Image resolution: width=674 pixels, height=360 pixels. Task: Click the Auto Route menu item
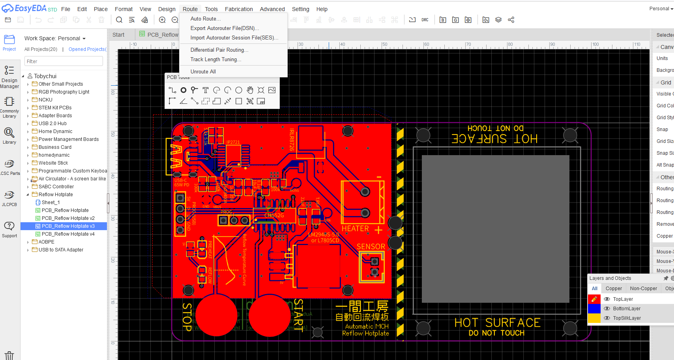tap(205, 19)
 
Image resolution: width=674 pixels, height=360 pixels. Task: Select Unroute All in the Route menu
tap(203, 71)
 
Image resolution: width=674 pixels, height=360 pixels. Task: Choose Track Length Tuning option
tap(215, 59)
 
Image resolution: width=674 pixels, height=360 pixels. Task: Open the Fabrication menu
tap(239, 9)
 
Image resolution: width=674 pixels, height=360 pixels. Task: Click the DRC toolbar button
tap(425, 20)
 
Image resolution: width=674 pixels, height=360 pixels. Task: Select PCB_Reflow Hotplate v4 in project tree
tap(68, 234)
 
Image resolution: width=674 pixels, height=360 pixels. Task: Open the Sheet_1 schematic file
tap(51, 202)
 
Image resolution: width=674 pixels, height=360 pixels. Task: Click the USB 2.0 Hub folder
tap(52, 124)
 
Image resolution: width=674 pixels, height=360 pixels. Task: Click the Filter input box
tap(64, 61)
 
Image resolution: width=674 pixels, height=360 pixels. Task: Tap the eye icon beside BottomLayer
tap(607, 309)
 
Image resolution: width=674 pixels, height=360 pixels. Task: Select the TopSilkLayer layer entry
tap(627, 318)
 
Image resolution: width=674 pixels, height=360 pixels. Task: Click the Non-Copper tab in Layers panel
tap(643, 289)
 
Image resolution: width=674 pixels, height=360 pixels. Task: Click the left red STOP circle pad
tap(217, 315)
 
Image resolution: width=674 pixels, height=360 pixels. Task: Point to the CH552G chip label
tap(274, 215)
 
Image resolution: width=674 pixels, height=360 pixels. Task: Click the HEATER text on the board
tap(355, 229)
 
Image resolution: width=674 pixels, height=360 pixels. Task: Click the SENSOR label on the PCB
tap(371, 246)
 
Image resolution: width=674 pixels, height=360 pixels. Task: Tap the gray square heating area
tap(495, 229)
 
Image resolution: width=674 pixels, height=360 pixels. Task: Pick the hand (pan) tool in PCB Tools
tap(250, 90)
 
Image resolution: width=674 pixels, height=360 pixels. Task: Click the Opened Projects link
tap(87, 49)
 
